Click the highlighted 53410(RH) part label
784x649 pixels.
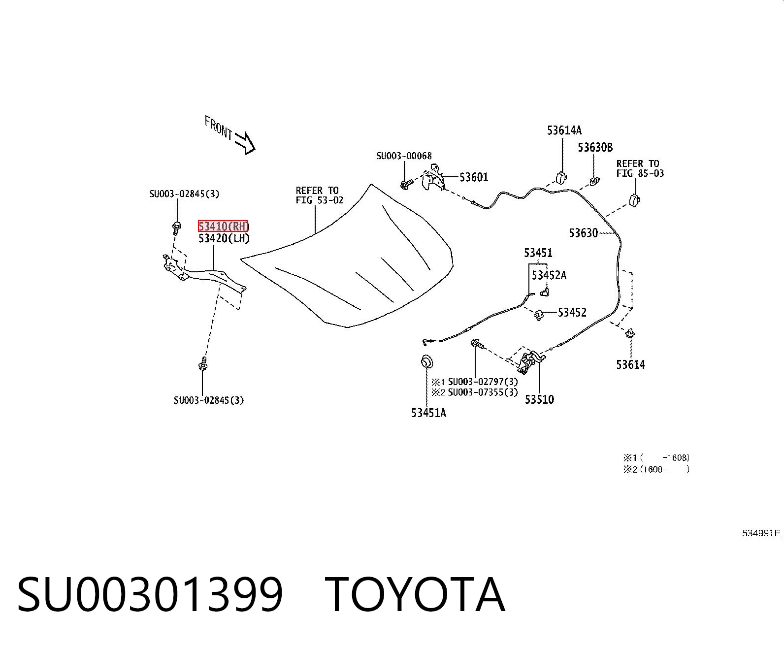(x=223, y=226)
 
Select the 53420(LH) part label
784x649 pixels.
(x=224, y=238)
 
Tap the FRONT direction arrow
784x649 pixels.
(x=245, y=143)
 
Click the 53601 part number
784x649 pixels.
(x=474, y=177)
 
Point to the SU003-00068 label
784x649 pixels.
(x=404, y=156)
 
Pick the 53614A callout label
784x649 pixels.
(x=564, y=130)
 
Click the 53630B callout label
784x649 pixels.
(x=595, y=147)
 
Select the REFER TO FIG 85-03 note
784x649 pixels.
(x=640, y=168)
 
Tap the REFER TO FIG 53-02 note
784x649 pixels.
(x=319, y=195)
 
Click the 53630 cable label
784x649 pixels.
(x=583, y=233)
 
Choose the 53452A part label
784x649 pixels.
(x=549, y=275)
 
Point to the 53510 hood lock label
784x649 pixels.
(x=539, y=399)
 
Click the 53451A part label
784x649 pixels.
(x=428, y=413)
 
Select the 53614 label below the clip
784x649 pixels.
(x=630, y=364)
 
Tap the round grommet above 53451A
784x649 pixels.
(x=427, y=362)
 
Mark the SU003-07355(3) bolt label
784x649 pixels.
(x=483, y=392)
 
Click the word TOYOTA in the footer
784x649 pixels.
(x=415, y=595)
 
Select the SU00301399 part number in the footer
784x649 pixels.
(x=150, y=595)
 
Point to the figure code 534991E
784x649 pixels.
(x=761, y=533)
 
